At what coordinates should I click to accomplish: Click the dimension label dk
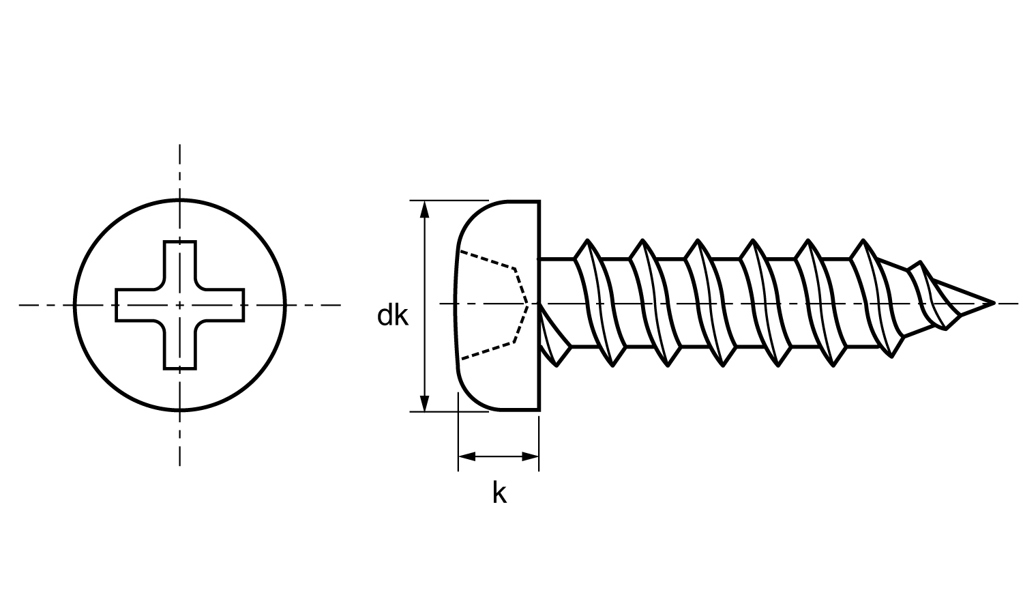coord(393,316)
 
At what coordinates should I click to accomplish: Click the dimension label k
coord(499,493)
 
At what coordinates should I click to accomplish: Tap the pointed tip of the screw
coord(992,302)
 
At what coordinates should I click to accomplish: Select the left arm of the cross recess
coord(134,305)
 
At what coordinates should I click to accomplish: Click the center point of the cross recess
coord(180,305)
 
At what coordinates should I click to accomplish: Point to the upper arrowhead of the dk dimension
coord(425,208)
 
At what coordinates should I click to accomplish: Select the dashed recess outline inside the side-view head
coord(516,269)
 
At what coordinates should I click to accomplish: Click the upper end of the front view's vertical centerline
coord(180,147)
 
